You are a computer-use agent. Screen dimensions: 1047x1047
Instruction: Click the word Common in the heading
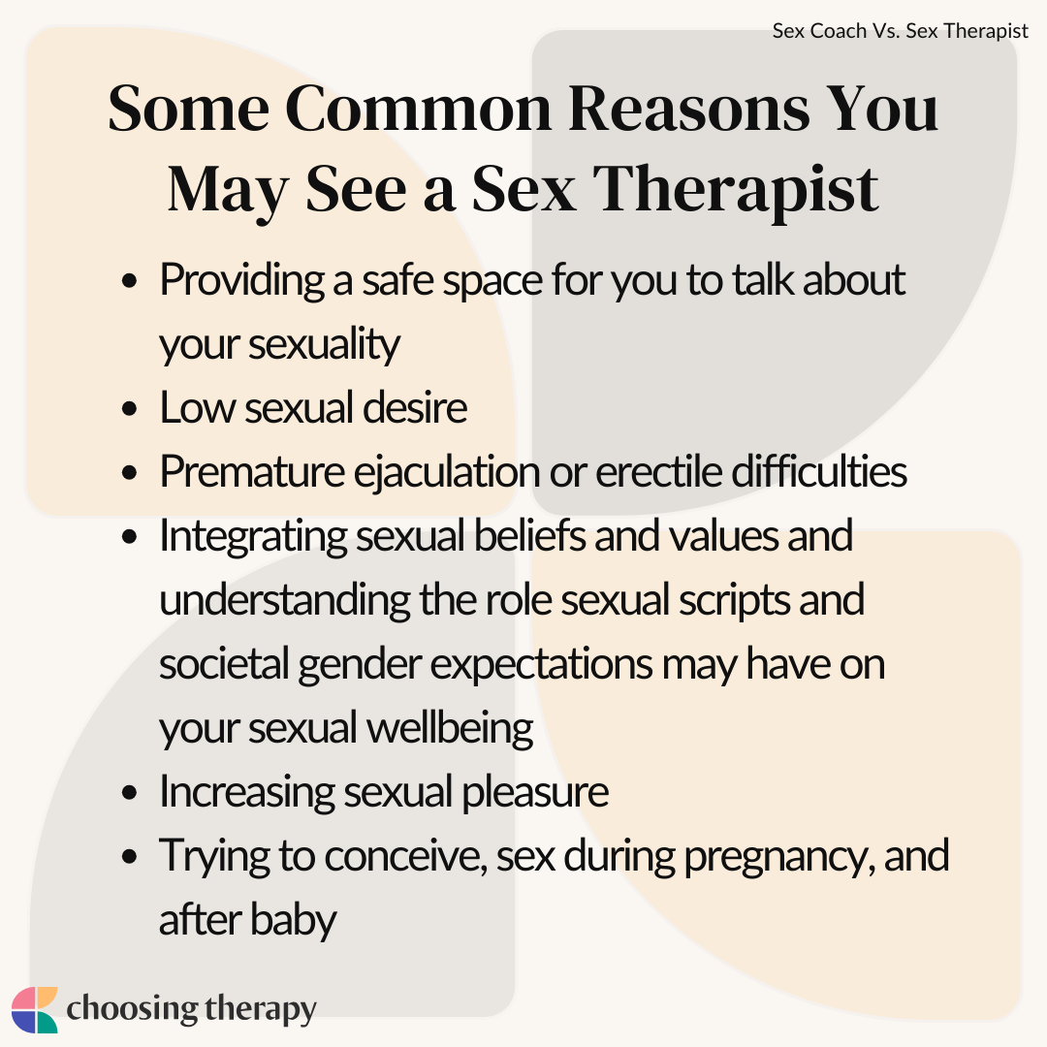[419, 109]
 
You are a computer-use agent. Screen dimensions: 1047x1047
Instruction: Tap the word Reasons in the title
[688, 109]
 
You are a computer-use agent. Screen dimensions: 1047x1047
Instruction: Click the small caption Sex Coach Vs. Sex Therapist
[900, 31]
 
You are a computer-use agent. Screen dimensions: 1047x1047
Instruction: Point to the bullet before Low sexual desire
[130, 409]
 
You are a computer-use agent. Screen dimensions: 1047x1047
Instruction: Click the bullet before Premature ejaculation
[130, 473]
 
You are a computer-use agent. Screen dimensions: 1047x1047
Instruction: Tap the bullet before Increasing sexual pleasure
[130, 793]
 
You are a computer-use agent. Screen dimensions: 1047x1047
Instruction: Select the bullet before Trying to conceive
[130, 857]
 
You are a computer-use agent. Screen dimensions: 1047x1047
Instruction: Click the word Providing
[241, 280]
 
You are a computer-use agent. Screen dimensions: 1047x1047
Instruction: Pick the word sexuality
[325, 344]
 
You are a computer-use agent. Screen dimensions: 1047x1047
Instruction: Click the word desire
[415, 407]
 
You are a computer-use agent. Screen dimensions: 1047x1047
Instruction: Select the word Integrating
[253, 537]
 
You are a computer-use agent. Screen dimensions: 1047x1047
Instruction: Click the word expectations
[542, 665]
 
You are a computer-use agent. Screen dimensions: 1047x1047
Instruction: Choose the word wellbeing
[451, 729]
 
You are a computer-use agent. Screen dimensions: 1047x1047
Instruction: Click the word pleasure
[535, 793]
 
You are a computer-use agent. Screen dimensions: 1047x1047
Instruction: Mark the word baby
[293, 920]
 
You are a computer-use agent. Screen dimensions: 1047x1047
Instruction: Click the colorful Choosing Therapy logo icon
[35, 1009]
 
